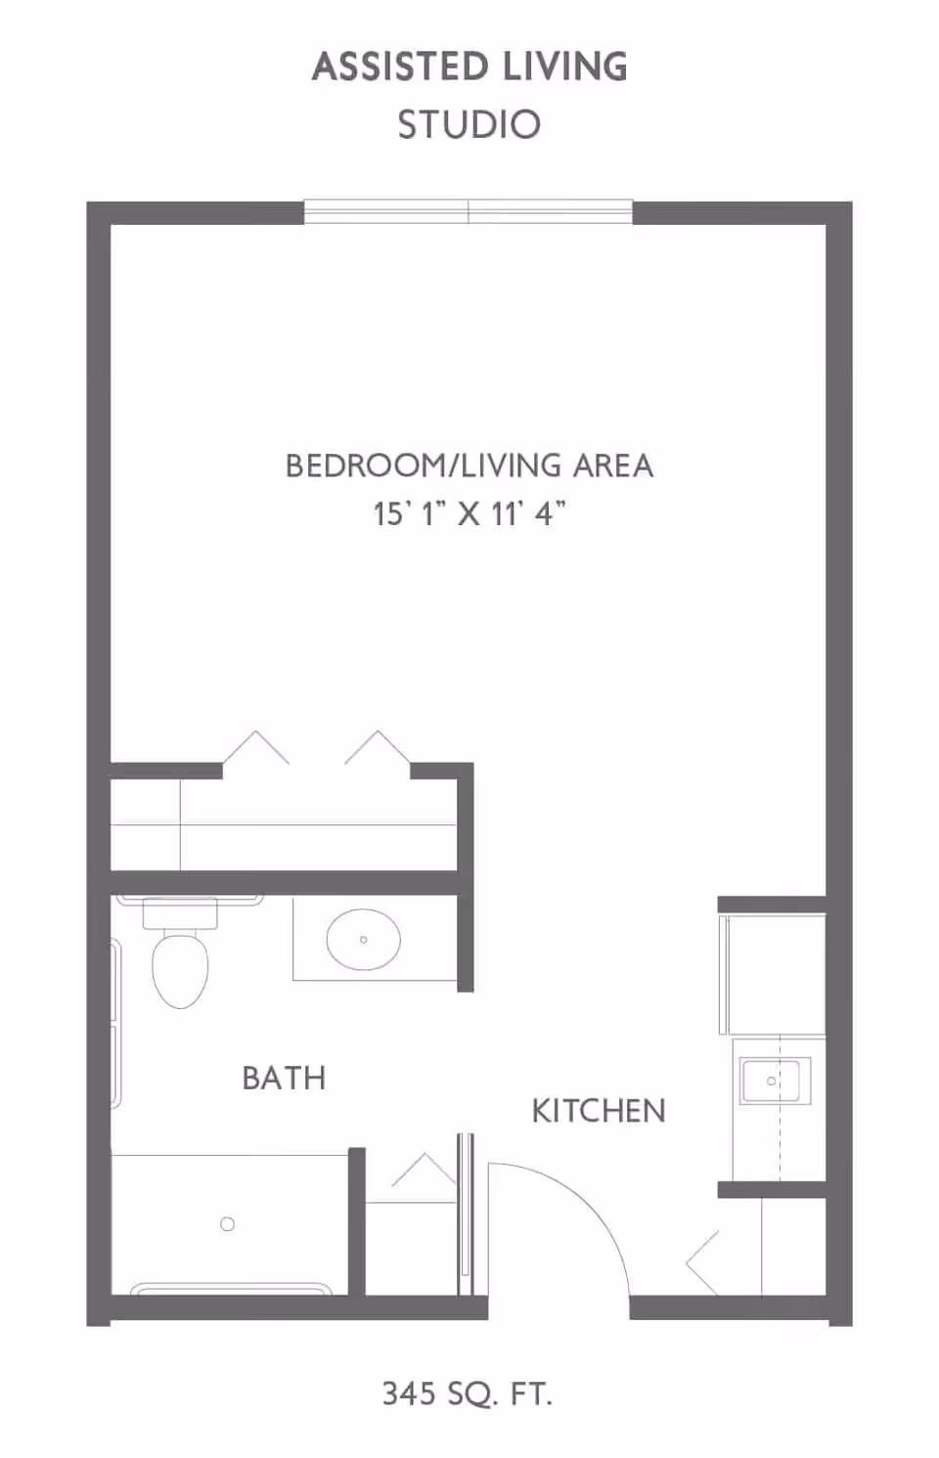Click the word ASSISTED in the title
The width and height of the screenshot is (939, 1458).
point(400,66)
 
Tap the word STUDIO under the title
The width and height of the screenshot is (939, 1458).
point(469,125)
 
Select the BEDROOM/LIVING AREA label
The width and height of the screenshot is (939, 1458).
point(469,465)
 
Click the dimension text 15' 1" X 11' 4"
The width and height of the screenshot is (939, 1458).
point(469,512)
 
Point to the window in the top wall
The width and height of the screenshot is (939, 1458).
point(468,211)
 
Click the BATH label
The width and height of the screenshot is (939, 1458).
point(284,1078)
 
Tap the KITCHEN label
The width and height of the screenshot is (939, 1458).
point(599,1111)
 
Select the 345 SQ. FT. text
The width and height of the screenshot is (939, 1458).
point(468,1392)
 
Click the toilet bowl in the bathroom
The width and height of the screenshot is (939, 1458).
point(180,969)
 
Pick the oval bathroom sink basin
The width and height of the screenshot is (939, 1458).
point(363,940)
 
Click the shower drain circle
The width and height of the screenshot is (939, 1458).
point(228,1223)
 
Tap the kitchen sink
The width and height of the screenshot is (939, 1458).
point(771,1081)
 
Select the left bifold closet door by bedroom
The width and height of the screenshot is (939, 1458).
point(256,748)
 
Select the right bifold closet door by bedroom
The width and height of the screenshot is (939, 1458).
point(378,748)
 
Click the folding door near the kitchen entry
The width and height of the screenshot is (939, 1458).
point(703,1260)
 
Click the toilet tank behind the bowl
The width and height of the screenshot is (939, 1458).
point(180,914)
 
